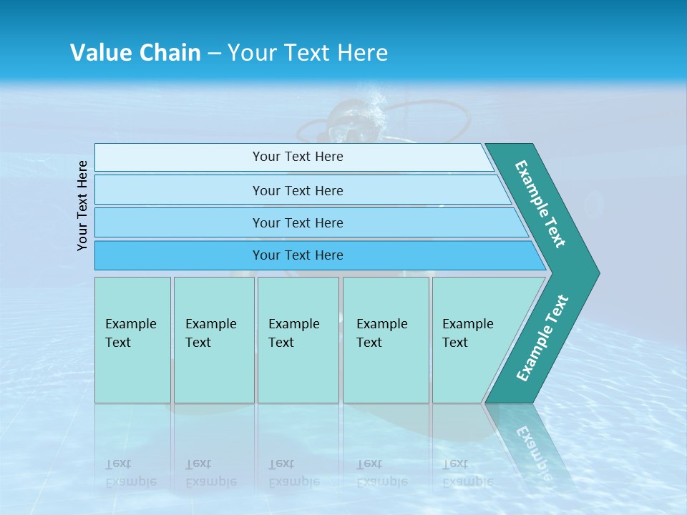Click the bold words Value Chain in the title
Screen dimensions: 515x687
coord(135,53)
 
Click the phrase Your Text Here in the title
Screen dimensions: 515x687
coord(308,53)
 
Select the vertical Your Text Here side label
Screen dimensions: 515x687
coord(82,205)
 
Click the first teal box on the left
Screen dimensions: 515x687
coord(132,340)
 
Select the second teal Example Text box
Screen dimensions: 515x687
coord(214,340)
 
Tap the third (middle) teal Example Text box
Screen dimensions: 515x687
coord(298,340)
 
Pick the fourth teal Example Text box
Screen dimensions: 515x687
coord(386,340)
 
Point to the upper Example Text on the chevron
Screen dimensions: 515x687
coord(540,204)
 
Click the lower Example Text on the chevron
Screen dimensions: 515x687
coord(542,338)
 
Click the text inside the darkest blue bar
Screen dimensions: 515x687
coord(298,255)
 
